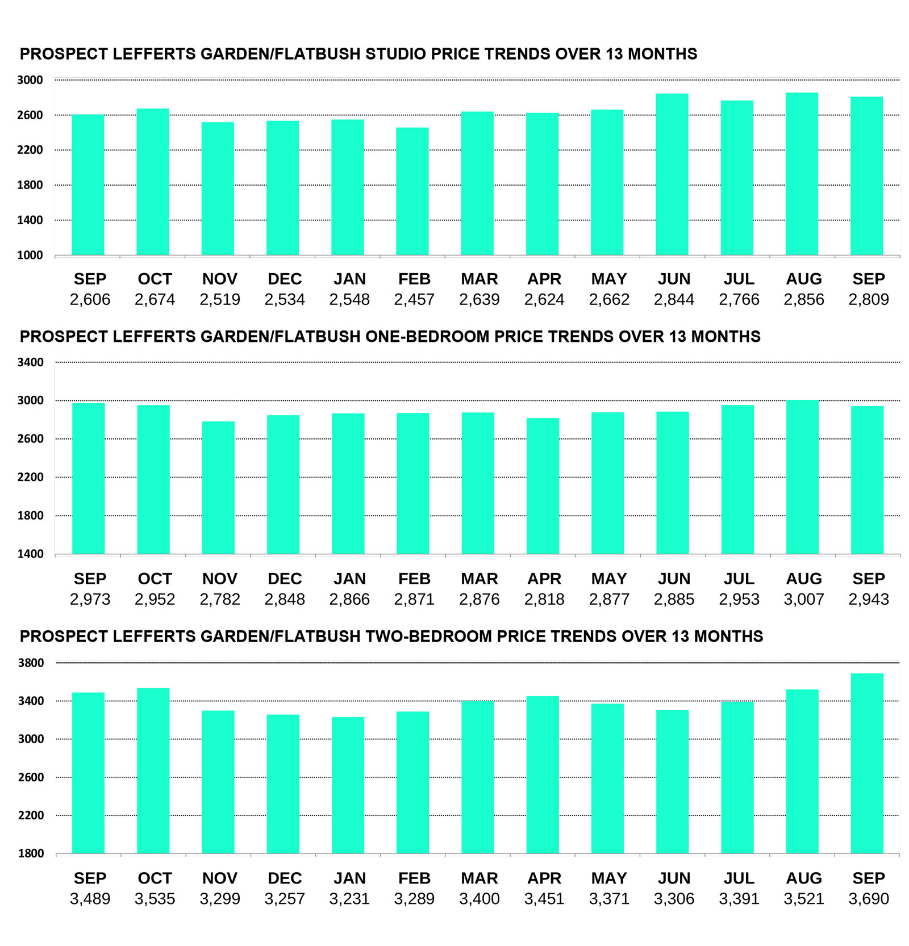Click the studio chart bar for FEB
[412, 191]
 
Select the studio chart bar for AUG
[802, 174]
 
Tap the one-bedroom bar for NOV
[218, 488]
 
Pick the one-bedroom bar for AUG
[802, 477]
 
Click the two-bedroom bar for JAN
[348, 785]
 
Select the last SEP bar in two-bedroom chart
[867, 763]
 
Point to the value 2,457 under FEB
[414, 300]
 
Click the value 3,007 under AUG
[804, 600]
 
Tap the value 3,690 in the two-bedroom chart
[869, 899]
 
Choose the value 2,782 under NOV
[220, 600]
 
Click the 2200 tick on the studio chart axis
[30, 150]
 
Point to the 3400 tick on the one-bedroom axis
[31, 362]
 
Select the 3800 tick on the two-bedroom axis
[31, 663]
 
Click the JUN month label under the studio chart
[674, 279]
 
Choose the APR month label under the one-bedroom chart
[544, 579]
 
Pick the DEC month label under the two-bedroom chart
[285, 878]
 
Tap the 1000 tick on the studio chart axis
[30, 256]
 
